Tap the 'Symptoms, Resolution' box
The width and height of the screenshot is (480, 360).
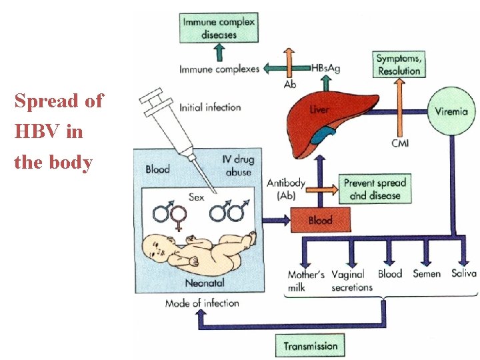pos(399,65)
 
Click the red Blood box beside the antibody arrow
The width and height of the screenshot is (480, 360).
pos(321,220)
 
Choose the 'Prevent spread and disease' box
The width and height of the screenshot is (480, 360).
pos(375,189)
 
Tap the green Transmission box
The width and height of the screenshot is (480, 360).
pos(310,346)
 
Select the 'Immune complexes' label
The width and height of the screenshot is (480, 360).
pos(219,69)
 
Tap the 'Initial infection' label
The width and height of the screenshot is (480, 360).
pos(210,107)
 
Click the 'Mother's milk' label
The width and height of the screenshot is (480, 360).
pos(306,281)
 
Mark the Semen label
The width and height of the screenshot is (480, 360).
pos(427,274)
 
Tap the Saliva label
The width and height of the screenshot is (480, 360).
pos(463,273)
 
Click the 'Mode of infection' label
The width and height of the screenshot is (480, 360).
pos(202,303)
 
